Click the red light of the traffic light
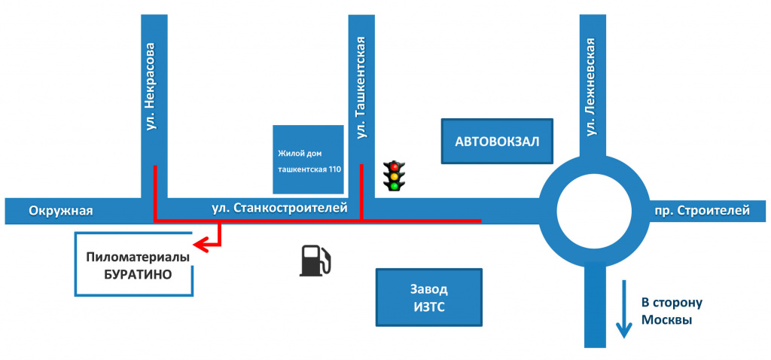pos(394,166)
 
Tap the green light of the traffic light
pos(394,185)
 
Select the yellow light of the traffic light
pos(394,176)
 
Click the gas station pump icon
pos(315,261)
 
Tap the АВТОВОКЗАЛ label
pos(497,142)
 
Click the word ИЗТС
pos(428,308)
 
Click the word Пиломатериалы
pos(138,258)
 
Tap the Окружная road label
pos(61,211)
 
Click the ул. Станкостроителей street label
pos(279,209)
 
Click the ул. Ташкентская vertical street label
pos(362,87)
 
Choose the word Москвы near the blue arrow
pos(667,319)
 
